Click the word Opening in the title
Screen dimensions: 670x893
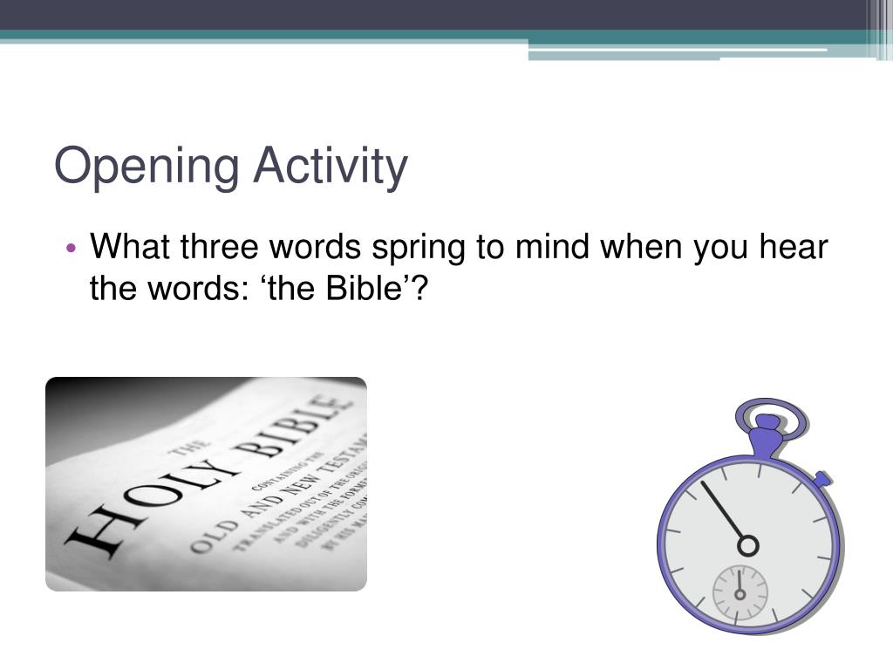tap(145, 167)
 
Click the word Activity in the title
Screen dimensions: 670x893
tap(331, 167)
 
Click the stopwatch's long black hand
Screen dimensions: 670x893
tap(723, 511)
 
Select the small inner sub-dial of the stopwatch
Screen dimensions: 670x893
tap(740, 593)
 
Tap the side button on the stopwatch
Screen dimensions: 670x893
tap(822, 477)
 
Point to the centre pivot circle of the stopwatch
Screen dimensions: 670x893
tap(747, 545)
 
